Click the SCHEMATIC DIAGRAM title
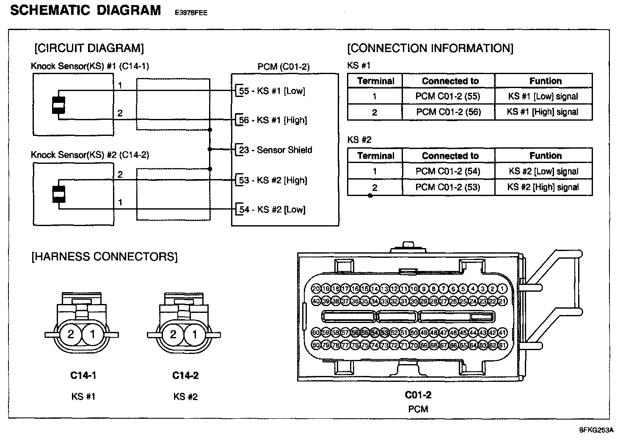pyautogui.click(x=85, y=10)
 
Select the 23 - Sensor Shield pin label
pyautogui.click(x=276, y=150)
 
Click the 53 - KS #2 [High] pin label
pyautogui.click(x=273, y=180)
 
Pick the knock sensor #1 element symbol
pyautogui.click(x=58, y=105)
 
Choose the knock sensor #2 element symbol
pyautogui.click(x=58, y=195)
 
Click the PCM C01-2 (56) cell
pyautogui.click(x=448, y=112)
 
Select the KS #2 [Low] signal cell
pyautogui.click(x=543, y=171)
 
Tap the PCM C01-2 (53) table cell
pyautogui.click(x=448, y=187)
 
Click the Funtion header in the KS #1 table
pyautogui.click(x=545, y=81)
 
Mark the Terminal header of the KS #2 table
pyautogui.click(x=375, y=156)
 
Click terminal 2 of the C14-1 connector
pyautogui.click(x=71, y=335)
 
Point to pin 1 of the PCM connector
pyautogui.click(x=502, y=289)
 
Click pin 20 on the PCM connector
pyautogui.click(x=316, y=289)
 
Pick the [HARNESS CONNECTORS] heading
pyautogui.click(x=105, y=257)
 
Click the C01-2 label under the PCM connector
pyautogui.click(x=418, y=395)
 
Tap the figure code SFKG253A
pyautogui.click(x=596, y=430)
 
